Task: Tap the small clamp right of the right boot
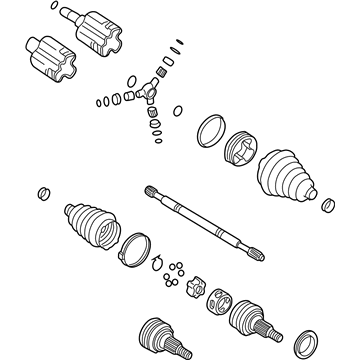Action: (326, 206)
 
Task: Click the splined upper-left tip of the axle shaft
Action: (152, 190)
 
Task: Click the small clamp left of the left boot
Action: (41, 191)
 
